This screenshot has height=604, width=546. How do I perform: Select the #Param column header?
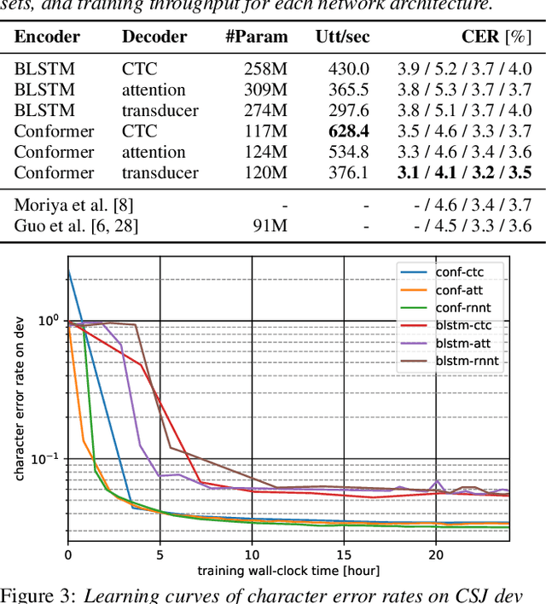[x=257, y=38]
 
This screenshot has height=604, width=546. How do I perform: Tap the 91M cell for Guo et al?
[x=271, y=225]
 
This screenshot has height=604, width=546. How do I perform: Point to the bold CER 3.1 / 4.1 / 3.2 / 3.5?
[x=464, y=173]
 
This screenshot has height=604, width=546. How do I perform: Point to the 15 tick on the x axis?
[x=344, y=555]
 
